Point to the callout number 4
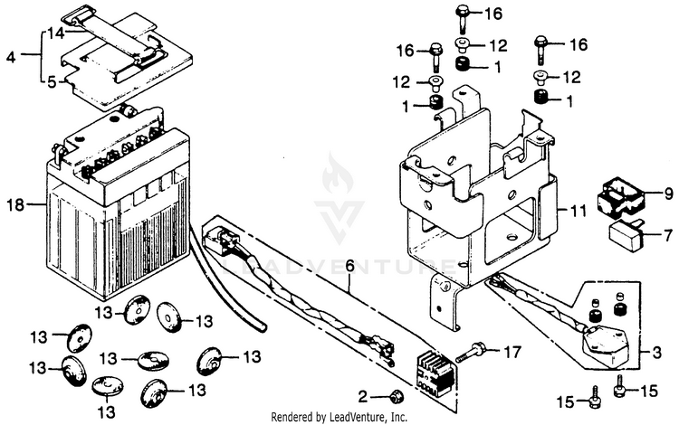tap(11, 56)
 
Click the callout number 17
tap(512, 350)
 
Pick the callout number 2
tap(362, 396)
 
